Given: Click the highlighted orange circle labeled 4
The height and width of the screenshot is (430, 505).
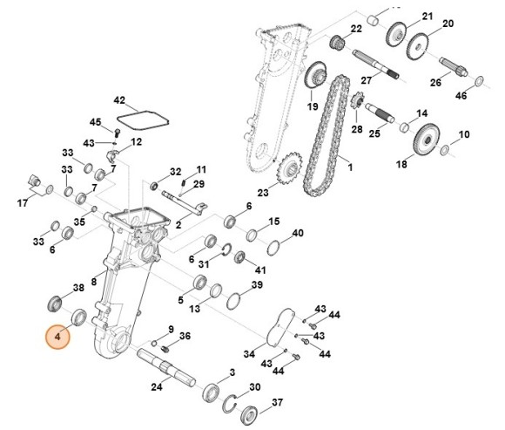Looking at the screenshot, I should tap(58, 336).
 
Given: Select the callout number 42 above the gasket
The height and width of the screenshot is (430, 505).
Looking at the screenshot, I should tap(120, 100).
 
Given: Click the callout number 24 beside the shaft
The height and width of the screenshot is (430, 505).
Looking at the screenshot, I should tap(157, 387).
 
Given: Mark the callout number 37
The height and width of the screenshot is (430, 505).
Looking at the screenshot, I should tap(278, 402).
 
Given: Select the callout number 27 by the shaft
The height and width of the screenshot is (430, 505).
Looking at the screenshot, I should tap(367, 79).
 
